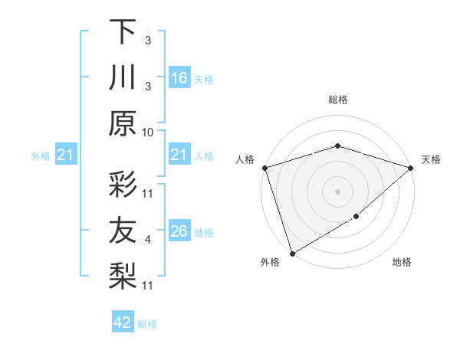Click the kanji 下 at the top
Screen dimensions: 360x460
pos(123,32)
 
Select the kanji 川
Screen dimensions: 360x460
pos(123,77)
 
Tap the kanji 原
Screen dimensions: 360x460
pos(123,123)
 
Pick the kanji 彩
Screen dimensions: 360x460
pos(123,185)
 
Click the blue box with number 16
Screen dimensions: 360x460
pos(179,77)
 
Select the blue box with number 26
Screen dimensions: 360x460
pos(179,231)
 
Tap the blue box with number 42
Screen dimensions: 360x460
pos(123,322)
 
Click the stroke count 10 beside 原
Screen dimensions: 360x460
pos(149,131)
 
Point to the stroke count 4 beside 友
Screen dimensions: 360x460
pos(149,241)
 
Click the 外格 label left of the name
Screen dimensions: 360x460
pos(41,156)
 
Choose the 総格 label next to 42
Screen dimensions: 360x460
pos(147,324)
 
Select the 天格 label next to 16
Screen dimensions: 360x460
pos(204,79)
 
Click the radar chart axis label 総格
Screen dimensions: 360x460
pos(337,100)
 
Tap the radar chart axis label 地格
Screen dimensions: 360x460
pos(402,263)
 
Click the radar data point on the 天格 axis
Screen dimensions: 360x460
pos(412,168)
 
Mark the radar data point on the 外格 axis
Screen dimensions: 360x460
pos(292,254)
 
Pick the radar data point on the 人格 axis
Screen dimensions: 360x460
pos(264,168)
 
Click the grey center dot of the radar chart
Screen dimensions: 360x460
pos(337,191)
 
